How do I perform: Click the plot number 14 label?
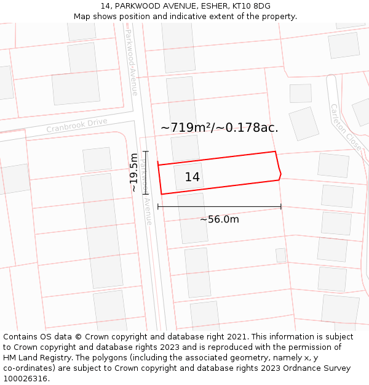pyautogui.click(x=192, y=177)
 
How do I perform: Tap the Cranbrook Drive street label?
pyautogui.click(x=77, y=125)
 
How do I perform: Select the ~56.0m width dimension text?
pyautogui.click(x=220, y=219)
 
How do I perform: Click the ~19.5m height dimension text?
pyautogui.click(x=134, y=172)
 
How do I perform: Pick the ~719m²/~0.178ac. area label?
pyautogui.click(x=219, y=128)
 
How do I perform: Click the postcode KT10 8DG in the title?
pyautogui.click(x=253, y=6)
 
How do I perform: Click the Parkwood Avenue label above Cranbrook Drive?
pyautogui.click(x=132, y=62)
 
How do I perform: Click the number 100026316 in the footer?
pyautogui.click(x=25, y=379)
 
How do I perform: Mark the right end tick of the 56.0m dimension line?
pyautogui.click(x=281, y=206)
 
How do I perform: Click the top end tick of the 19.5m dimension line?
pyautogui.click(x=146, y=151)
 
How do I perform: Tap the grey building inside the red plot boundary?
pyautogui.click(x=188, y=177)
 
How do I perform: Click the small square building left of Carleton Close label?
pyautogui.click(x=300, y=93)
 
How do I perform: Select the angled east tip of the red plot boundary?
pyautogui.click(x=280, y=175)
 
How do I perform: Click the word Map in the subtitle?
pyautogui.click(x=82, y=17)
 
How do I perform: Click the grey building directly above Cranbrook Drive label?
pyautogui.click(x=75, y=89)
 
